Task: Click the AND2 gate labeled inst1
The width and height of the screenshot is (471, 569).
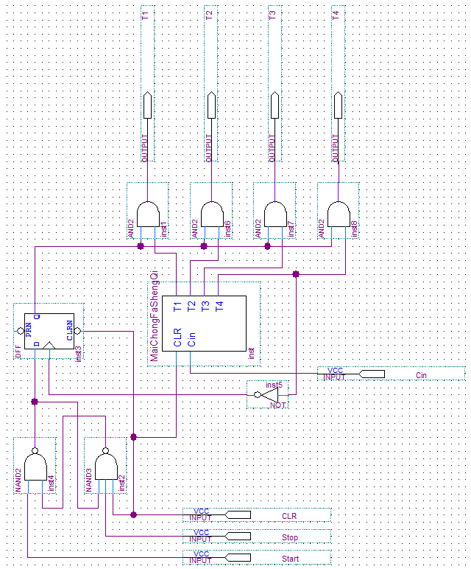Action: [x=148, y=214]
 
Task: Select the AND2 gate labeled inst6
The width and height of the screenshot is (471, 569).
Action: [x=212, y=214]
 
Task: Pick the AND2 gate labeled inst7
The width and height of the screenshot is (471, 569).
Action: [x=275, y=214]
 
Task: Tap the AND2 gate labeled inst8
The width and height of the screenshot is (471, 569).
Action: [x=339, y=214]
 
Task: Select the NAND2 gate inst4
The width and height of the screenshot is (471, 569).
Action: [x=35, y=467]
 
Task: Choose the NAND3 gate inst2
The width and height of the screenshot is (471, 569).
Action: [x=106, y=467]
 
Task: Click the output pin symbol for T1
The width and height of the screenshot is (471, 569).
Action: [x=147, y=105]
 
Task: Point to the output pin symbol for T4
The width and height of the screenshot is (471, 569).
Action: [x=338, y=105]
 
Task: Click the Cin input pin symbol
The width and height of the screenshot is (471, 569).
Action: [x=372, y=374]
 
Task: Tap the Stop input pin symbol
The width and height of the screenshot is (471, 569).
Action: [x=238, y=536]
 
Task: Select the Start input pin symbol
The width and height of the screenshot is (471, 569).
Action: [x=238, y=557]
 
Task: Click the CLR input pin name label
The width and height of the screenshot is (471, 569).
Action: [x=289, y=516]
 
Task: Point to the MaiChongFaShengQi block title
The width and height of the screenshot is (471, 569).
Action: [x=155, y=315]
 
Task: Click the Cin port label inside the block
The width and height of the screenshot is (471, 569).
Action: [x=191, y=339]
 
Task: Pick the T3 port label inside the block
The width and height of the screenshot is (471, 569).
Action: [x=205, y=307]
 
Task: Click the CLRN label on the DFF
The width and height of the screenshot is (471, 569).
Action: [x=70, y=330]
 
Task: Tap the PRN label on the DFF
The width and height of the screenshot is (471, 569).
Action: [x=28, y=330]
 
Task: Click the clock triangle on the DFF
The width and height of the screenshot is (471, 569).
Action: [x=49, y=345]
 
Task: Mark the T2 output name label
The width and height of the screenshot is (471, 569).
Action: [x=209, y=15]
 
